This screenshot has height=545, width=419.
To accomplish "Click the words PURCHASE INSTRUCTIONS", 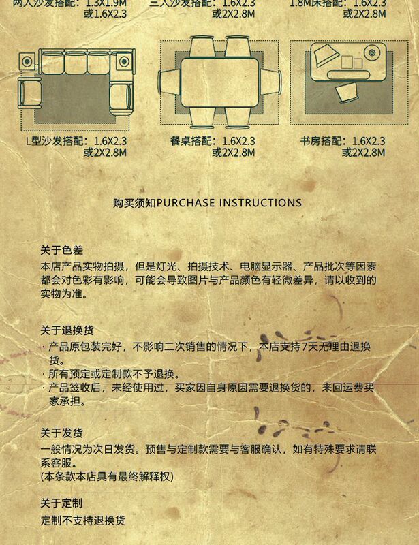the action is point(229,202).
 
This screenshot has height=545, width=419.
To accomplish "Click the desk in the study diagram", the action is point(347,59).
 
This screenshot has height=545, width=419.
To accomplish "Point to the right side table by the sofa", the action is point(123,61).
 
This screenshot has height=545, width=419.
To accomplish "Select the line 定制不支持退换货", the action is point(82,520).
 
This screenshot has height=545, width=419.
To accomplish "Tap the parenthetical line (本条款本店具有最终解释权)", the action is point(106,476).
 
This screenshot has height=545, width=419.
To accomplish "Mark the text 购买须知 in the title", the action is point(134,202).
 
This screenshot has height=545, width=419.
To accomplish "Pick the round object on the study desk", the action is point(373,52).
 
